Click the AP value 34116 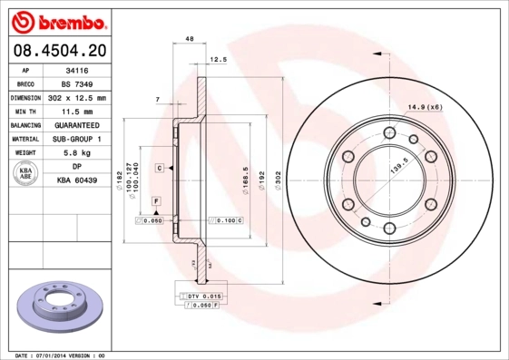click(x=77, y=69)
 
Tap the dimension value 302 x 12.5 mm click(x=77, y=97)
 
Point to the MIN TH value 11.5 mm click(x=77, y=111)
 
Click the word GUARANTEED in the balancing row click(x=77, y=125)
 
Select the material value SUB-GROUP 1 click(x=77, y=139)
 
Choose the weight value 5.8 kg click(x=77, y=153)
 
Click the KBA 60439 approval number click(x=77, y=181)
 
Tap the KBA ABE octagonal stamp click(x=26, y=174)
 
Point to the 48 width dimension click(x=190, y=39)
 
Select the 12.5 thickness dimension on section click(x=218, y=60)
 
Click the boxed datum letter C click(x=158, y=169)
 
